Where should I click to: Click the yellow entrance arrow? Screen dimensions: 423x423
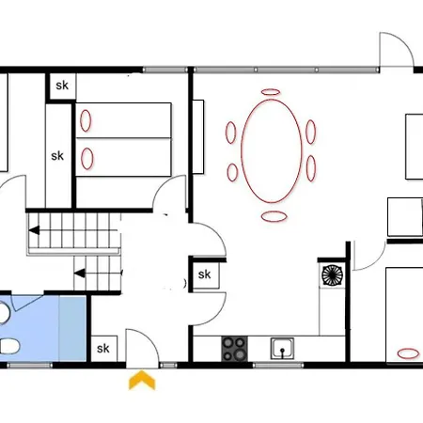click(142, 380)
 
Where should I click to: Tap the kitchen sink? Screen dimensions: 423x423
click(282, 349)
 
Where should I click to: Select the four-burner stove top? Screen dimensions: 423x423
click(234, 349)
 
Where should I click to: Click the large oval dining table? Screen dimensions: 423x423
click(272, 151)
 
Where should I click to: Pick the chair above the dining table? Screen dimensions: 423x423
click(271, 92)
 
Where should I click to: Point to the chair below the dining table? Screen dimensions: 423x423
click(274, 216)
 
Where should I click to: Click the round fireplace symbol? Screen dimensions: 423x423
click(332, 275)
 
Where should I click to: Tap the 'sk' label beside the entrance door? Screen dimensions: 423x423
click(103, 349)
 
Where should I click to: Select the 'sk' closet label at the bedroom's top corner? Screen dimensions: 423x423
click(62, 86)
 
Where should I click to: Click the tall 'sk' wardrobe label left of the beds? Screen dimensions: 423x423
click(57, 156)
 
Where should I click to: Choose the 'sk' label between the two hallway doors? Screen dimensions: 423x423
click(205, 274)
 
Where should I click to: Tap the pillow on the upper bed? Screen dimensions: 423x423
click(86, 120)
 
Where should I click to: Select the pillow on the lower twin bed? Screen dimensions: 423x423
click(87, 159)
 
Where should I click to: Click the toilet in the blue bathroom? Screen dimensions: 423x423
click(9, 346)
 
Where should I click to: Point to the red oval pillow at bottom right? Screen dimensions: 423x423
click(408, 353)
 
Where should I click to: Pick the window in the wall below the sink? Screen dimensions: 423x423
click(278, 365)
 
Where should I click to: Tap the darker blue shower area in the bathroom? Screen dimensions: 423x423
click(72, 328)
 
